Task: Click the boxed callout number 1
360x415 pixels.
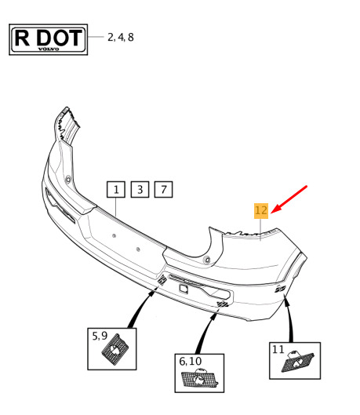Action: tap(116, 189)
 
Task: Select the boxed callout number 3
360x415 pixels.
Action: tap(140, 189)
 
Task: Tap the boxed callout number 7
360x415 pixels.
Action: tap(163, 189)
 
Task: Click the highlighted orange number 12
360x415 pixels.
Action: tap(261, 211)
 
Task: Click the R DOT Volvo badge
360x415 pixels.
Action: tap(48, 39)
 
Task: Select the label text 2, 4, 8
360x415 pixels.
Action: tap(120, 38)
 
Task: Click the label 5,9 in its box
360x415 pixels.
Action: tap(100, 336)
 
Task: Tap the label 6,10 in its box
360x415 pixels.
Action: tap(190, 362)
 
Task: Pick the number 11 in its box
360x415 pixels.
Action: tap(278, 349)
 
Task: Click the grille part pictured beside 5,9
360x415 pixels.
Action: tap(115, 349)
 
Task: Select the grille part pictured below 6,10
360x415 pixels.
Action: tap(199, 379)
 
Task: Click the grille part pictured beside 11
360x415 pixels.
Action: tap(297, 362)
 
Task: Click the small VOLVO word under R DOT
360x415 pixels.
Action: tap(49, 49)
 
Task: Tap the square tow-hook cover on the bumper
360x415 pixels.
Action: tap(184, 288)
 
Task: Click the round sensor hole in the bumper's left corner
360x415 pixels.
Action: tap(68, 179)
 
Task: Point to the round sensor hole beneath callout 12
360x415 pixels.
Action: tap(207, 260)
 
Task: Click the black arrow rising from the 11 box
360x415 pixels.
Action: tap(289, 319)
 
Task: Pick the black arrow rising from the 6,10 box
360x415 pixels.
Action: tap(206, 333)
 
